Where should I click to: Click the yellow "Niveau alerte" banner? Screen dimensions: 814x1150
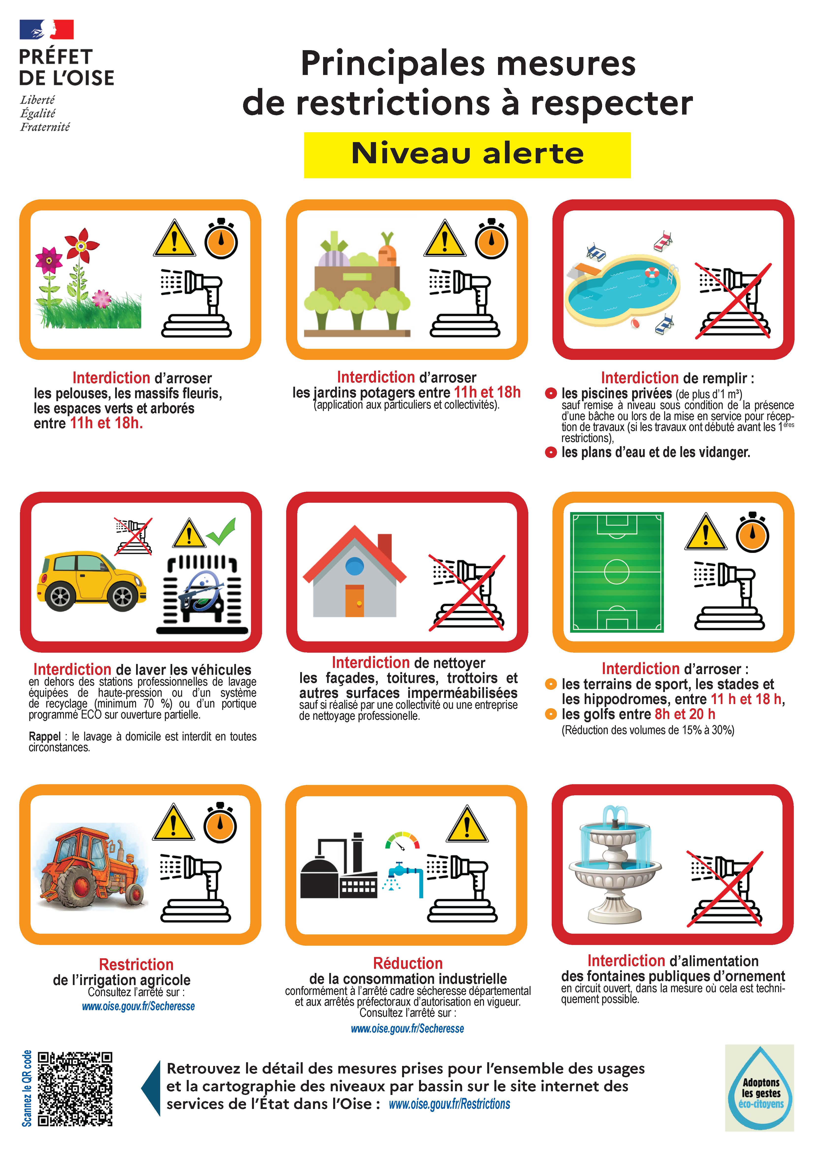467,155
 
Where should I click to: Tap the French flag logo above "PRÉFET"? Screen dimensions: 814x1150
47,29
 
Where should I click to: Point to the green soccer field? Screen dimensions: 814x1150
616,572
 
